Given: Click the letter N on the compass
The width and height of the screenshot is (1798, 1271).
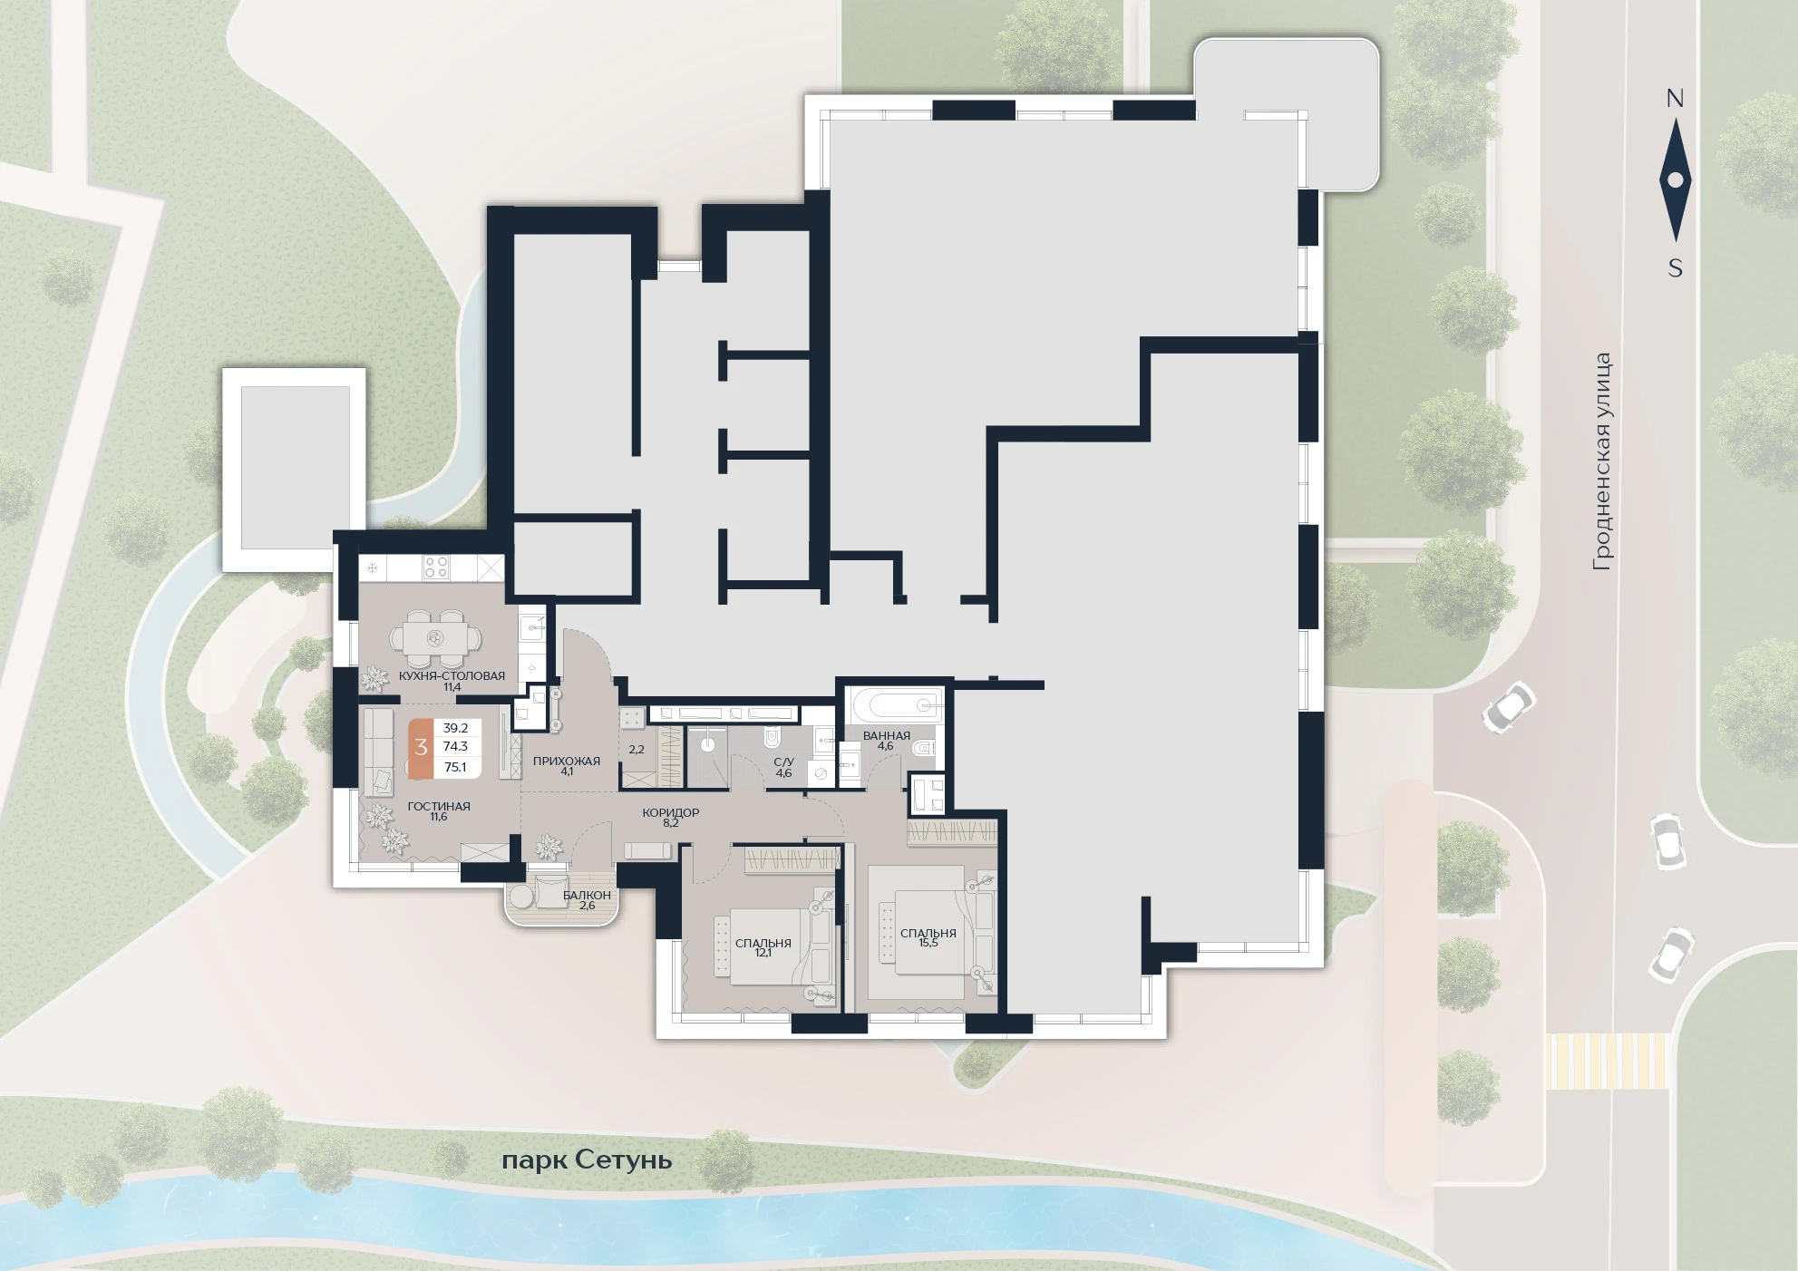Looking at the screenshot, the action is click(x=1675, y=98).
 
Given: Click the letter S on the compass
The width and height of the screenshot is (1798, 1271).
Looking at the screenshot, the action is click(x=1676, y=268).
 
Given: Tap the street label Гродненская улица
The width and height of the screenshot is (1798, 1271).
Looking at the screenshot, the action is click(x=1602, y=461).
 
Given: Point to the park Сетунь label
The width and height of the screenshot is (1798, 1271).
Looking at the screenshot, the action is click(x=587, y=1160).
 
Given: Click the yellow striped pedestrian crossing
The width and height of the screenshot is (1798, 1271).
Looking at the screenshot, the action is click(x=1607, y=1061).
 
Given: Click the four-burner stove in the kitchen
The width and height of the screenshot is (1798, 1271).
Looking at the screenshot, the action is click(x=436, y=568).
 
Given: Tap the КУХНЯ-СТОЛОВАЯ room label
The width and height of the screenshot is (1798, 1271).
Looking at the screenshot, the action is click(x=452, y=676).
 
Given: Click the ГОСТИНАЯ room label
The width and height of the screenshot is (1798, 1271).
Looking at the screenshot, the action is click(x=439, y=806).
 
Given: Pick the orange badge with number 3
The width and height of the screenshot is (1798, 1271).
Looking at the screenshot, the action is click(x=421, y=748).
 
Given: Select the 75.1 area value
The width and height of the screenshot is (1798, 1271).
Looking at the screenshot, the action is click(x=455, y=767).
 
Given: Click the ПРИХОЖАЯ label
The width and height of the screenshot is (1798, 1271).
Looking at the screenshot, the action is click(x=567, y=762).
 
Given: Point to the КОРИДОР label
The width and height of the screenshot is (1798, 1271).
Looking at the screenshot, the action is click(x=671, y=813).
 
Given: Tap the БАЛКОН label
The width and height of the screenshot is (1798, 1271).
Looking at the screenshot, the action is click(x=587, y=895).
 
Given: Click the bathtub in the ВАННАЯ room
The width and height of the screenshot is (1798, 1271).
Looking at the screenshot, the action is click(x=894, y=704).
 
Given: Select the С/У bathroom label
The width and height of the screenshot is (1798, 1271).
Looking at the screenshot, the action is click(x=784, y=762).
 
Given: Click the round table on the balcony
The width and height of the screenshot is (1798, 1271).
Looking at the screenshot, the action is click(x=522, y=895).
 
